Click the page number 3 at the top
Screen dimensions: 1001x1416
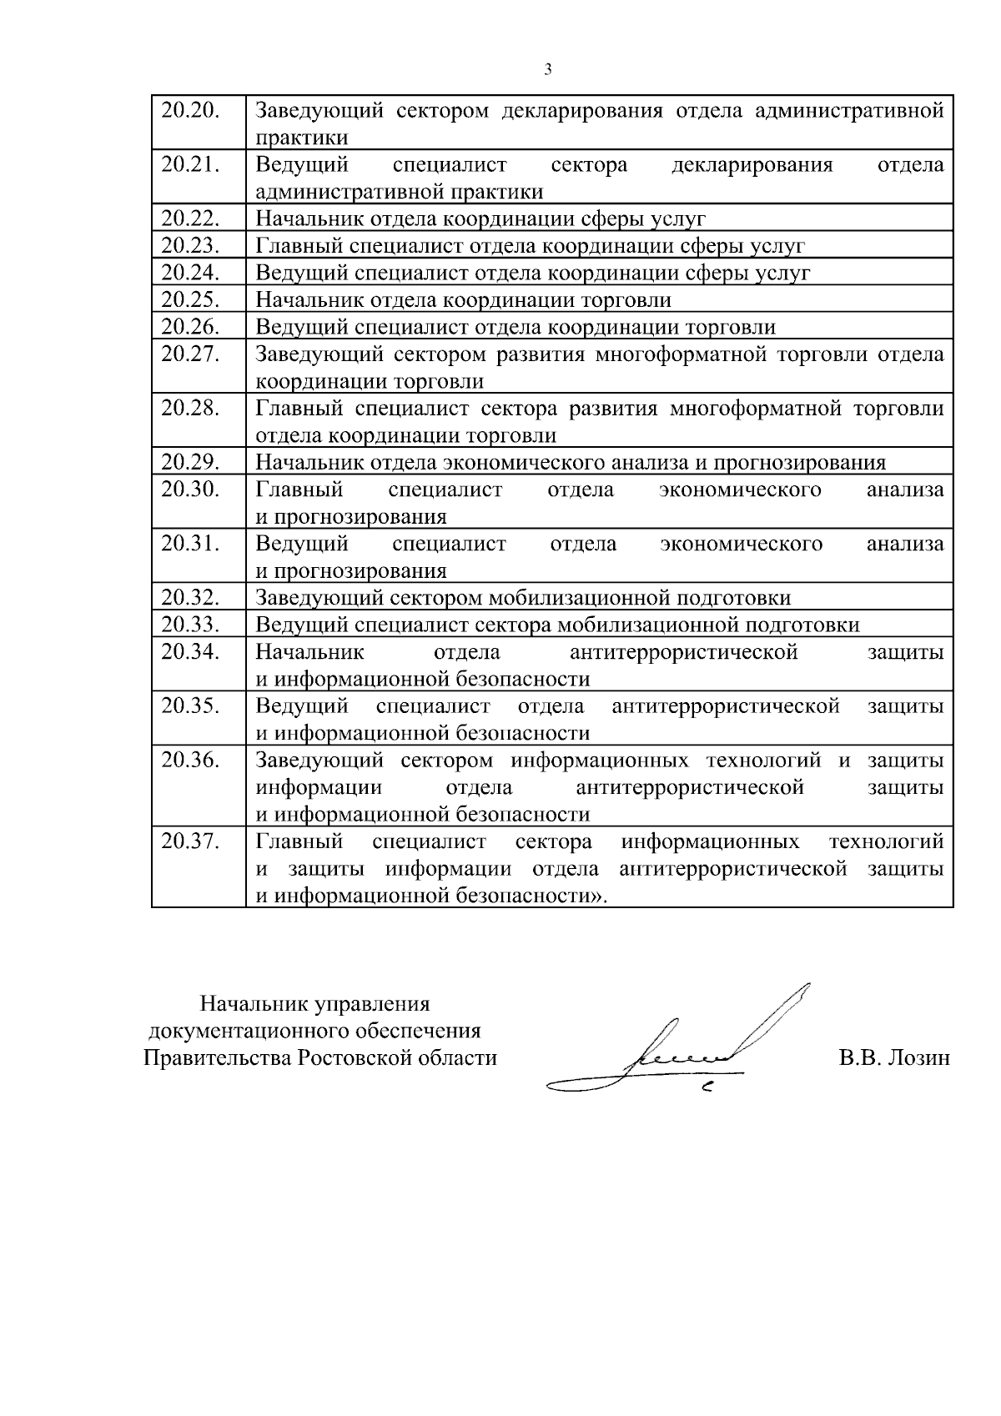548,69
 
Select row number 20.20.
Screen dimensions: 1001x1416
190,110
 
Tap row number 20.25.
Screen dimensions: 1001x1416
190,299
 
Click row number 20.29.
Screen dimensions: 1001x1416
190,462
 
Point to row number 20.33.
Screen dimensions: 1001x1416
190,625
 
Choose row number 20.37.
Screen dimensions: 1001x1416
190,841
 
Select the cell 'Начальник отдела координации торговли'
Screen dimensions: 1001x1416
463,300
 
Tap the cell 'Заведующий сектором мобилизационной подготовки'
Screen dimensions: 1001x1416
523,598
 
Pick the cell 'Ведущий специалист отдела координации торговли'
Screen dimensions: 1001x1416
515,327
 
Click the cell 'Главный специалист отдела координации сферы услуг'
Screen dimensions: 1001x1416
530,246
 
